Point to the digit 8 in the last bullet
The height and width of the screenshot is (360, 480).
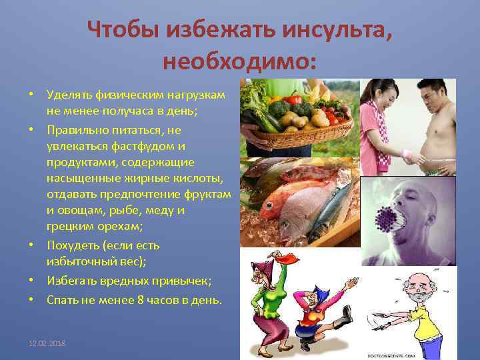click(140, 300)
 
